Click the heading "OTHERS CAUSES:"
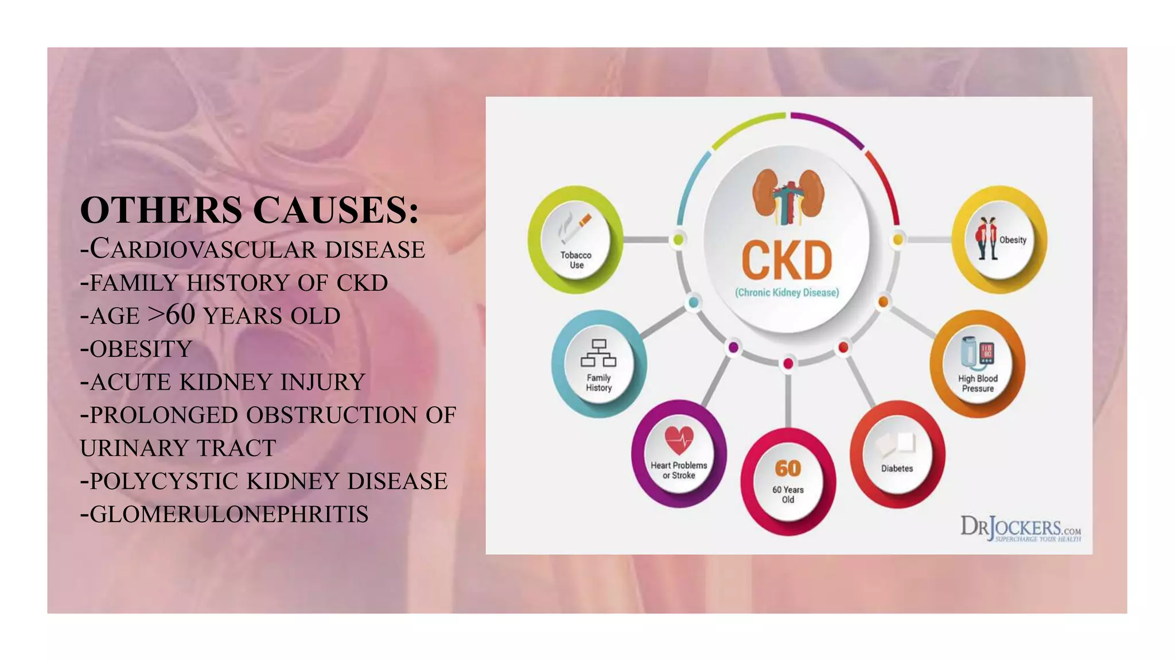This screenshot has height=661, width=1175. pos(249,210)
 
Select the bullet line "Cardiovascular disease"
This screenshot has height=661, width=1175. pos(252,250)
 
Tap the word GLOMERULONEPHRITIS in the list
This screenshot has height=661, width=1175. pos(229,514)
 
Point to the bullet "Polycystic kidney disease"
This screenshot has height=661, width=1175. pos(264,481)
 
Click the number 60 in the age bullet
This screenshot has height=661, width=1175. pos(180,315)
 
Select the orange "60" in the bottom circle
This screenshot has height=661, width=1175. pos(788,469)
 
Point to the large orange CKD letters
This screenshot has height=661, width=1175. pos(787,260)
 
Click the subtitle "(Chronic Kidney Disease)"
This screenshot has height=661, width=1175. pos(787,293)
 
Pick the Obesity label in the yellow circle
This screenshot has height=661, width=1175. pos(1013,240)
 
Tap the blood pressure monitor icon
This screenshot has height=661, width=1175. pos(978,352)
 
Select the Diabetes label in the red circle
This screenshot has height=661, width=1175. pos(897,469)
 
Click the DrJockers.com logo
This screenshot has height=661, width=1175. pos(1020,528)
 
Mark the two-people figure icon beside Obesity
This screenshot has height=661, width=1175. pos(987,238)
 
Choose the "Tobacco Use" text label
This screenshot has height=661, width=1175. pos(576,260)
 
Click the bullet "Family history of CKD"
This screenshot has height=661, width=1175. pos(234,283)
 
